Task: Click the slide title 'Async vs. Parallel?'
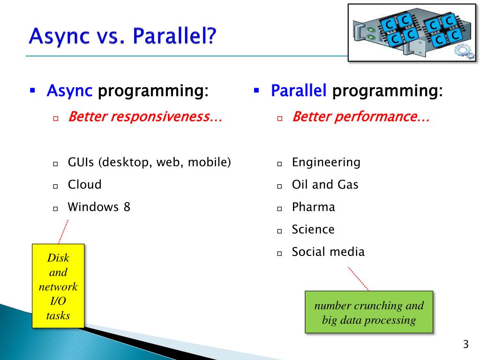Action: pyautogui.click(x=122, y=36)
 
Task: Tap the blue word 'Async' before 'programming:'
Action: pyautogui.click(x=69, y=91)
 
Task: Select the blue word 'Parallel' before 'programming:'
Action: pyautogui.click(x=299, y=90)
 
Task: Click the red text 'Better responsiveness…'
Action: pyautogui.click(x=145, y=117)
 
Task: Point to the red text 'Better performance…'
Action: pyautogui.click(x=361, y=117)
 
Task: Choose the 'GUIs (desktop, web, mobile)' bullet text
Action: pyautogui.click(x=150, y=162)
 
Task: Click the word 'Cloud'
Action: pyautogui.click(x=84, y=185)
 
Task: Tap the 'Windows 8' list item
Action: pyautogui.click(x=99, y=207)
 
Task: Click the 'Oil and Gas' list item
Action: pyautogui.click(x=325, y=185)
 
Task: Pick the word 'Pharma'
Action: pyautogui.click(x=313, y=207)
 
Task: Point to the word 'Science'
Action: pyautogui.click(x=313, y=229)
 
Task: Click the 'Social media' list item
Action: pyautogui.click(x=328, y=252)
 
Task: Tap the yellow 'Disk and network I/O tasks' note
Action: pyautogui.click(x=58, y=286)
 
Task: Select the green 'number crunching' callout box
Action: pyautogui.click(x=369, y=312)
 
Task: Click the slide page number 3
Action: pyautogui.click(x=465, y=345)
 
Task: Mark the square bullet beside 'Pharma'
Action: pyautogui.click(x=279, y=209)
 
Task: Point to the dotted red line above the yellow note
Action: pyautogui.click(x=63, y=232)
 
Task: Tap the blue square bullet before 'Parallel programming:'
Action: pyautogui.click(x=256, y=90)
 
